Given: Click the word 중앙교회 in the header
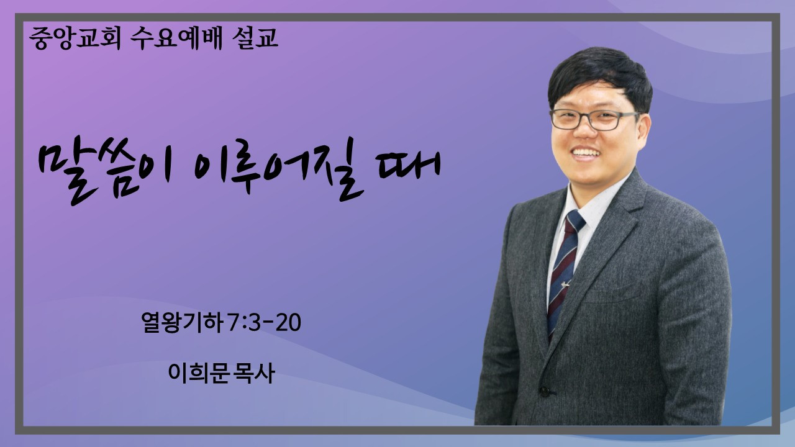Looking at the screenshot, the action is pyautogui.click(x=75, y=38).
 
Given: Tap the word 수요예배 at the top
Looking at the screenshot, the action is pyautogui.click(x=176, y=38).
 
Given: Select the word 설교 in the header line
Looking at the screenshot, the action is pyautogui.click(x=255, y=38).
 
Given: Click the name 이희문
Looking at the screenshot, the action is pyautogui.click(x=198, y=373).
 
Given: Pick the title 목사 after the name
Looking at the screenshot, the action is pyautogui.click(x=254, y=373).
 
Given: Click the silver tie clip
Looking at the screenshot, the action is pyautogui.click(x=565, y=284).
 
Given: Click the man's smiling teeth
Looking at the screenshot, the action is pyautogui.click(x=586, y=153).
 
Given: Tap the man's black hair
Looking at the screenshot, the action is pyautogui.click(x=600, y=76).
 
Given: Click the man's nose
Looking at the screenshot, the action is pyautogui.click(x=584, y=132).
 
